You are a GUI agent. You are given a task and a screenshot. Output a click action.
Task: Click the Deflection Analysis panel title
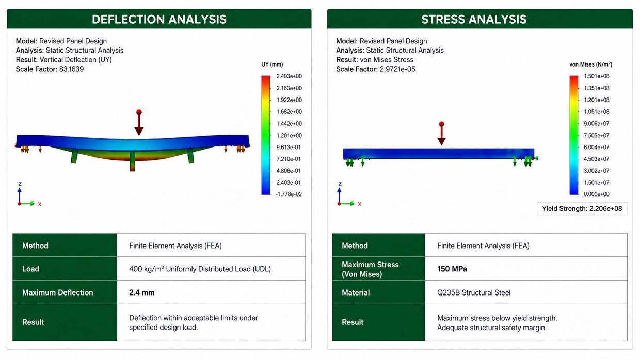[159, 20]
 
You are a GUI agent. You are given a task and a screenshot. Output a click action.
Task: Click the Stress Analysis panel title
[474, 20]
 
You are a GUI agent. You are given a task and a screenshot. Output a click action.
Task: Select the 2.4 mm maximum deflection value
[142, 292]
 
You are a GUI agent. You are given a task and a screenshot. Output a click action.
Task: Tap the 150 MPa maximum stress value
[452, 269]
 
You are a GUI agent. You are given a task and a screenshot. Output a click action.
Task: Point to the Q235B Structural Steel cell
[474, 292]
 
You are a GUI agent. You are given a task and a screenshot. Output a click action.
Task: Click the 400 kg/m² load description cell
[200, 269]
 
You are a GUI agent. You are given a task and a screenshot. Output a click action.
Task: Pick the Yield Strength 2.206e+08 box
[582, 209]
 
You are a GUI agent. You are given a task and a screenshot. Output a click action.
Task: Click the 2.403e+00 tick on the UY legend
[289, 76]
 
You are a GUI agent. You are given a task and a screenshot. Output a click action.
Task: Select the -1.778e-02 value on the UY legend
[289, 194]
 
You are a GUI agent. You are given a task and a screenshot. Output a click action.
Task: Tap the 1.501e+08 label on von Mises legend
[597, 76]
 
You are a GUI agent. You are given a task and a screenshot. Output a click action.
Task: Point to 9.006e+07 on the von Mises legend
[597, 124]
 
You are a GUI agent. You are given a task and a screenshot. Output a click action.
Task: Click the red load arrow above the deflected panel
[139, 122]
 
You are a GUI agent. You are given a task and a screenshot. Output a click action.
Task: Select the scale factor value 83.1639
[71, 69]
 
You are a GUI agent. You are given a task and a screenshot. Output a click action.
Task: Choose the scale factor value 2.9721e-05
[397, 69]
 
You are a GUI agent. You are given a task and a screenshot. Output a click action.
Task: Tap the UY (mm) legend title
[272, 64]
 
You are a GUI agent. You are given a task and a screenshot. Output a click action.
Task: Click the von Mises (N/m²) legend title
[590, 64]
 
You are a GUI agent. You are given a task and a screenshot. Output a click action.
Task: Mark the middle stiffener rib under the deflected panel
[132, 161]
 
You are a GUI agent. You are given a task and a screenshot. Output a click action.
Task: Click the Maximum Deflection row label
[58, 292]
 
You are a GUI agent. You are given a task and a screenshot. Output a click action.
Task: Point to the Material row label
[356, 292]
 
